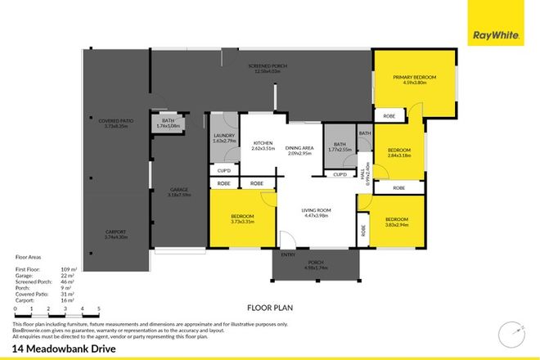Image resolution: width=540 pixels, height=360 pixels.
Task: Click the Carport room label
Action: point(115,234)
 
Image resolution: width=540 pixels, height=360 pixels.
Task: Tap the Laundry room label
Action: point(223,139)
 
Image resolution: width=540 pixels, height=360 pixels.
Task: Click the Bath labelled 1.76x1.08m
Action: point(167,124)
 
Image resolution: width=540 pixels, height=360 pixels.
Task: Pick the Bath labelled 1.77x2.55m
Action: point(337,147)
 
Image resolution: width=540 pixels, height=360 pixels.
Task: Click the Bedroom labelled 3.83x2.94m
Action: point(397,222)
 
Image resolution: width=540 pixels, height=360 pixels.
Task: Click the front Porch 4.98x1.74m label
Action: point(314,266)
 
